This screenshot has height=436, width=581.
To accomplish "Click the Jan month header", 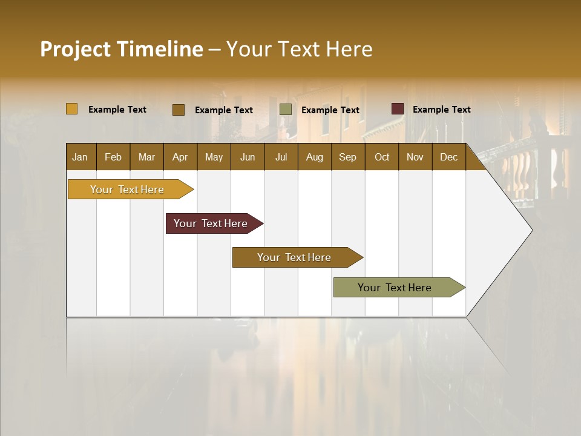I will pyautogui.click(x=80, y=157).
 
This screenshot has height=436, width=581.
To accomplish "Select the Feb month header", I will pyautogui.click(x=113, y=157).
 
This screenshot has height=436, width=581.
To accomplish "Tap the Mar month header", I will pyautogui.click(x=146, y=157).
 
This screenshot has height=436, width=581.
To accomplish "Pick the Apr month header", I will pyautogui.click(x=180, y=157).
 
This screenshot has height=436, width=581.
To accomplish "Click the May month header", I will pyautogui.click(x=214, y=157).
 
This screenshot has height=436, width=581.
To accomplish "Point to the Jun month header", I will pyautogui.click(x=248, y=157).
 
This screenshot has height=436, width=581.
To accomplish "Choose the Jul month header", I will pyautogui.click(x=281, y=157).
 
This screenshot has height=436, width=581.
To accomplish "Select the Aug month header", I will pyautogui.click(x=315, y=157).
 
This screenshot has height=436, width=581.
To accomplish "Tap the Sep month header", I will pyautogui.click(x=347, y=157).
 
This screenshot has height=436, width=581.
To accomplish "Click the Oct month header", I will pyautogui.click(x=382, y=157).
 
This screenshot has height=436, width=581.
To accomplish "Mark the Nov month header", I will pyautogui.click(x=415, y=157).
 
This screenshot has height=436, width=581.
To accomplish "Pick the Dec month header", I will pyautogui.click(x=449, y=157).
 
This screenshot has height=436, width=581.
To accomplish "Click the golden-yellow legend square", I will pyautogui.click(x=72, y=109).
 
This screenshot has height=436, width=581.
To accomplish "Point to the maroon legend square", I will pyautogui.click(x=397, y=109).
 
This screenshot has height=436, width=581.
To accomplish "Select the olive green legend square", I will pyautogui.click(x=286, y=110).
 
